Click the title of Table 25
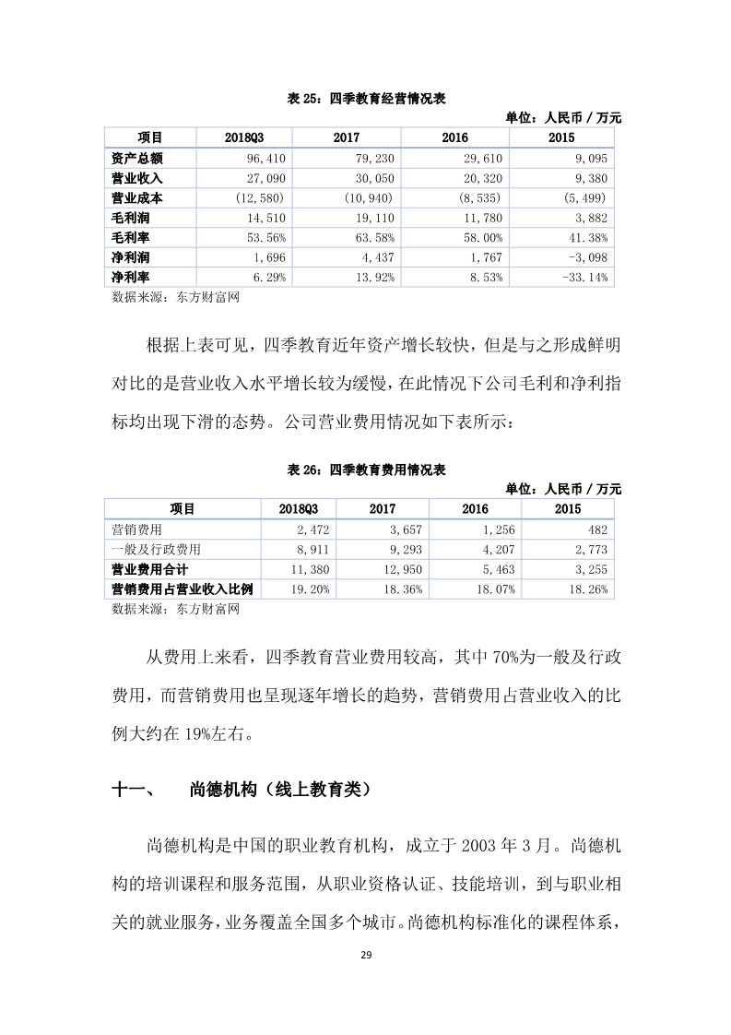tap(366, 98)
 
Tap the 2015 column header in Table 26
tap(568, 509)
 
